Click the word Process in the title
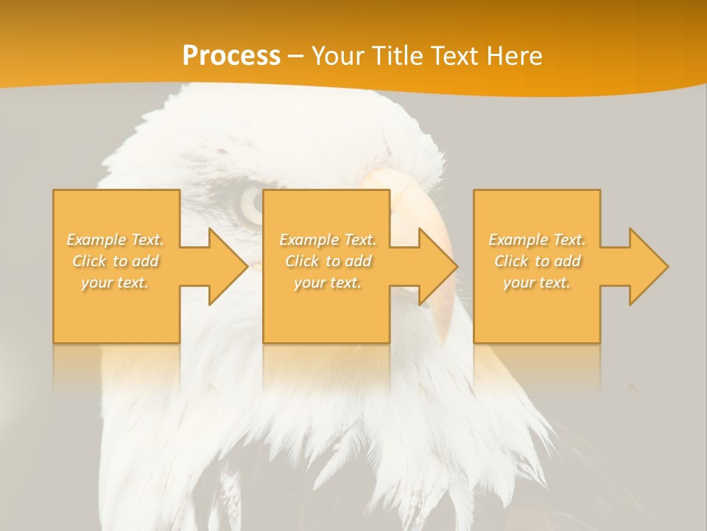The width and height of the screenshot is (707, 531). [231, 56]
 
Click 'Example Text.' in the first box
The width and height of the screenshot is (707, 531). [116, 240]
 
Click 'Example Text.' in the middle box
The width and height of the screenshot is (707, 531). [328, 240]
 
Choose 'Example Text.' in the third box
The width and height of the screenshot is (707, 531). [537, 240]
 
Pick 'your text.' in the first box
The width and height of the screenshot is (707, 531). [116, 282]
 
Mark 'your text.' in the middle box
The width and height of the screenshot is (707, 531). [328, 282]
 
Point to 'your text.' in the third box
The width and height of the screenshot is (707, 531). [537, 282]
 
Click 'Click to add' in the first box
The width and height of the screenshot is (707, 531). [116, 261]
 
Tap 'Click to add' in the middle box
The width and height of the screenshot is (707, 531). [328, 261]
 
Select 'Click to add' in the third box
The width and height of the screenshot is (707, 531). [537, 261]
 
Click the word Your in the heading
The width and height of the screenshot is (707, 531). [335, 56]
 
